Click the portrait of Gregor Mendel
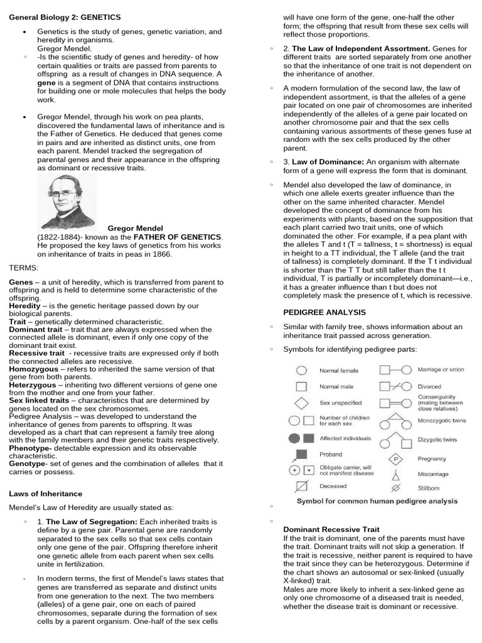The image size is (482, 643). (67, 200)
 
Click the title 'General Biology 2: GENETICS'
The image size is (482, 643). (65, 17)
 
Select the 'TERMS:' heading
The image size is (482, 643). (24, 267)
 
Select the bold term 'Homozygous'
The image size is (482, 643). (33, 369)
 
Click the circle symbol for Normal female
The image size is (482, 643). (301, 371)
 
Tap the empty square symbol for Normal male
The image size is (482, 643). (301, 387)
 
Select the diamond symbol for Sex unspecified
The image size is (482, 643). (301, 403)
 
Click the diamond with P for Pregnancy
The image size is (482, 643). (395, 458)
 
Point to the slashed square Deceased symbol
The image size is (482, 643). (301, 486)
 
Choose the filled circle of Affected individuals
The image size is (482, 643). (294, 438)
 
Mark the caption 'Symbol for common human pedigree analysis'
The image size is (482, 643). (377, 501)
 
